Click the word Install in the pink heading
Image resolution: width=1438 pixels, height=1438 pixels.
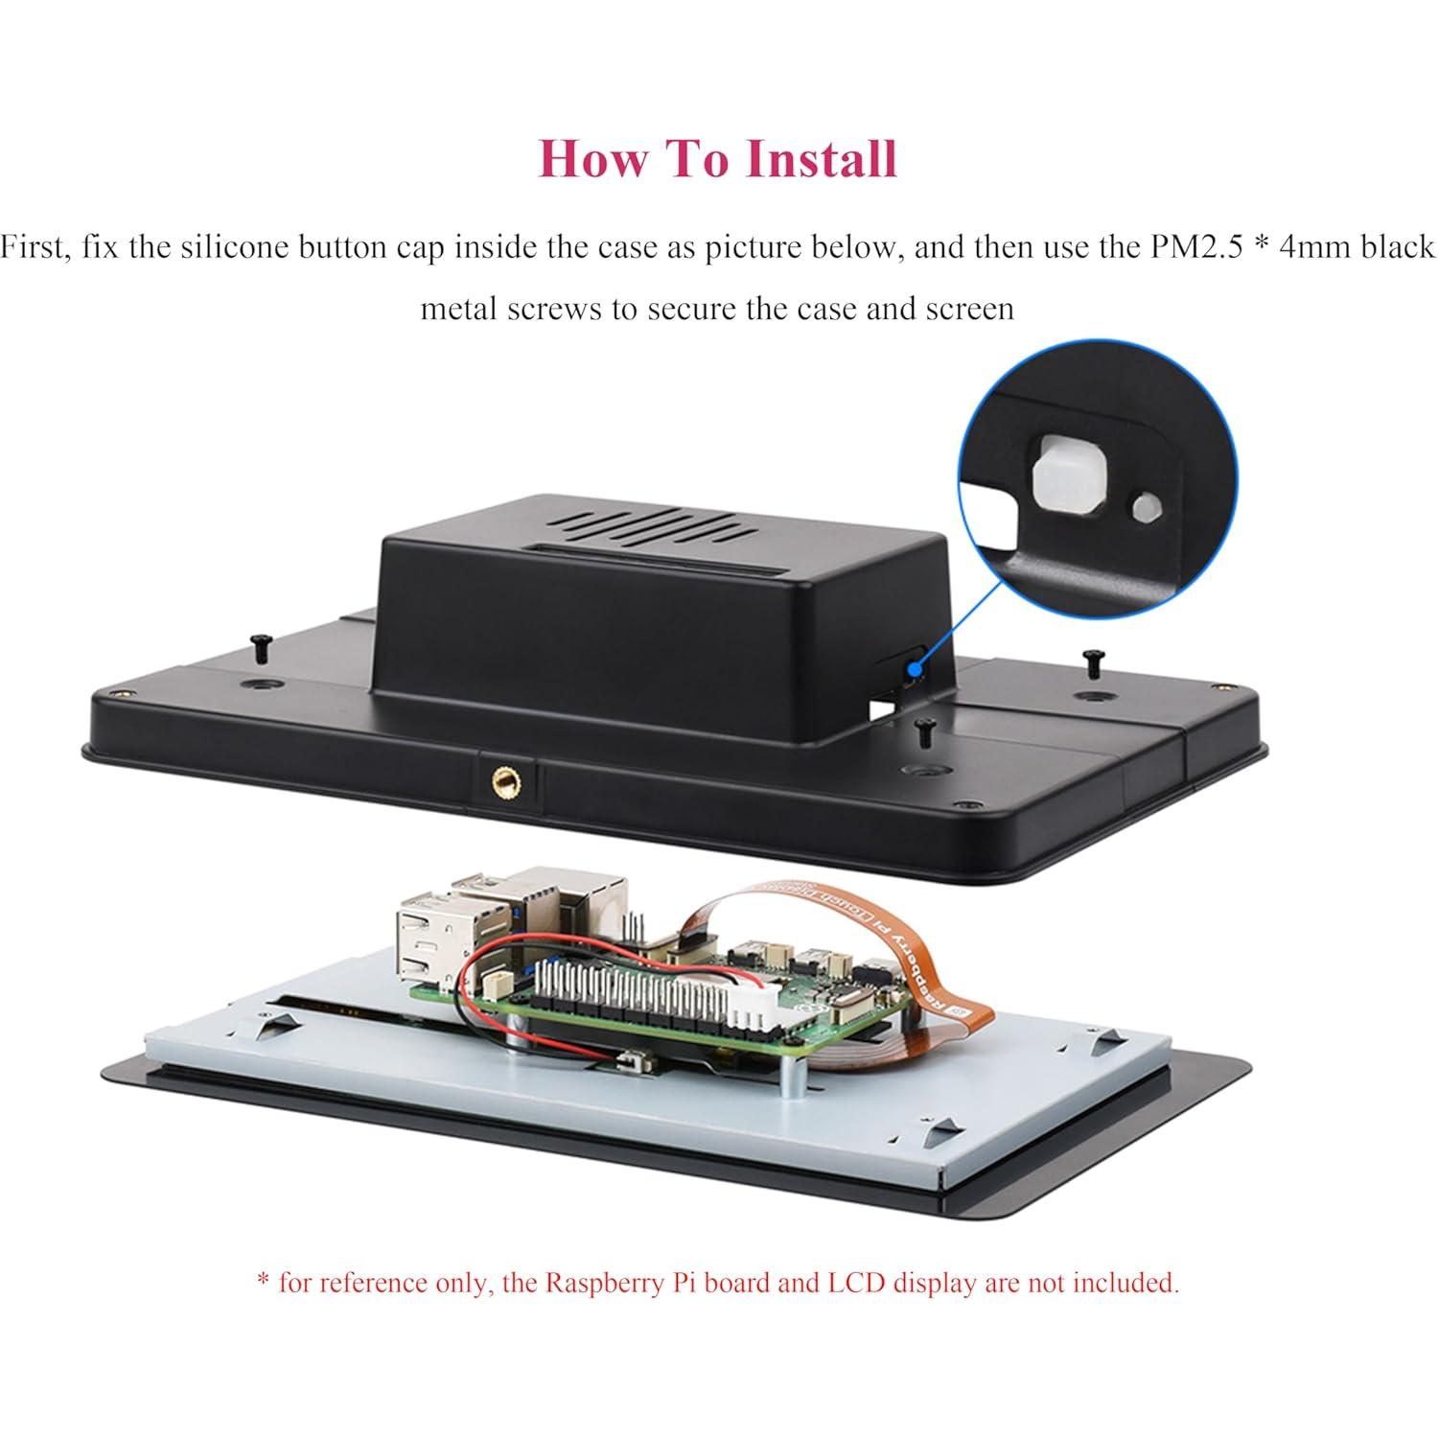[x=821, y=158]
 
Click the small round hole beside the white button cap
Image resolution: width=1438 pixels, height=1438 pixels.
[x=1143, y=507]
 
